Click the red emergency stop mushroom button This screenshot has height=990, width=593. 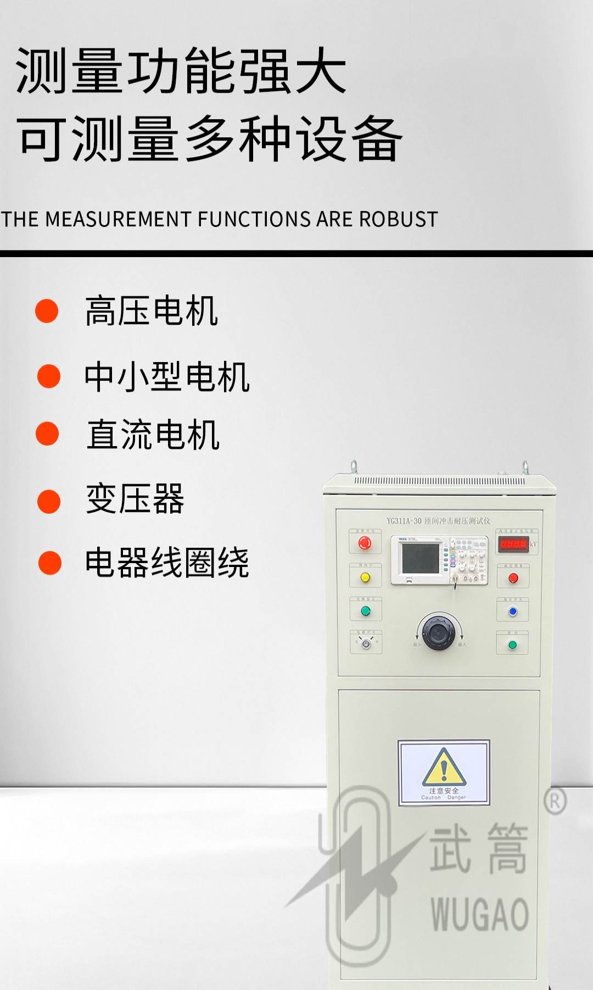point(365,543)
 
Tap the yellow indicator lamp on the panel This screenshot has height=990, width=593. point(365,577)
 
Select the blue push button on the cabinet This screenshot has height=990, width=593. point(513,611)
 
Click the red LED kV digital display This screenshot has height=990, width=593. point(513,544)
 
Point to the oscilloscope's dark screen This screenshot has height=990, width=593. point(421,558)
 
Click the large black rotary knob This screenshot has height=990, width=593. point(438,632)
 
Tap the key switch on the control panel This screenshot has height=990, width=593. point(366,644)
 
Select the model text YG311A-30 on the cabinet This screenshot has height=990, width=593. point(404,521)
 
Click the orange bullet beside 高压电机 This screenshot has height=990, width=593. point(47,311)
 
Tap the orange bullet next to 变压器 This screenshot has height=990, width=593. point(49,502)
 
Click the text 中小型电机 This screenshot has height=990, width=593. point(167,377)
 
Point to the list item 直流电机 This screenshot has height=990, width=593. point(153,435)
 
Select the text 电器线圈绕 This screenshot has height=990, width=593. point(167,563)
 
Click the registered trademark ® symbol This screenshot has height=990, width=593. point(555,802)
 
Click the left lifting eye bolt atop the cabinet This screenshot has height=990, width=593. point(354,467)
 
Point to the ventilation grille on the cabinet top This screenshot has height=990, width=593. point(439,481)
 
